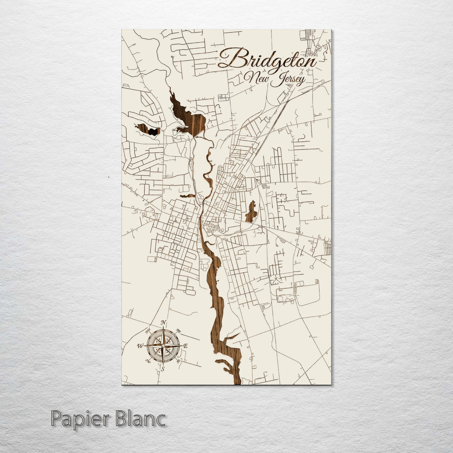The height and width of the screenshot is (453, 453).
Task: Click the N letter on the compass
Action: [163, 323]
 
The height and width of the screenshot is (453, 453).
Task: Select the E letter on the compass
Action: [186, 347]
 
